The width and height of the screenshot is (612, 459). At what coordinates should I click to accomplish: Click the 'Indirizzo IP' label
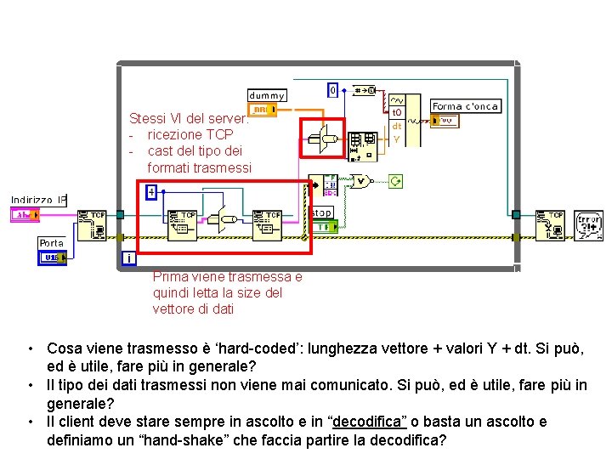point(38,201)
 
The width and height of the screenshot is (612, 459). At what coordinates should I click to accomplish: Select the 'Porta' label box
point(51,243)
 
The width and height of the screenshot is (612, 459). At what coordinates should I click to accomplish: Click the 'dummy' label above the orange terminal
point(267,95)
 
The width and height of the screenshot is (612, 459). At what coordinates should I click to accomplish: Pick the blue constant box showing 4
point(151,191)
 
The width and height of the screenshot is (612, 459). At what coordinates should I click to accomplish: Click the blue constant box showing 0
point(334,89)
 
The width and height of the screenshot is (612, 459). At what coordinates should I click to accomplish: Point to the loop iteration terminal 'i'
point(127,258)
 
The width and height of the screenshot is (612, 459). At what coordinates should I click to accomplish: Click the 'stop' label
point(321,212)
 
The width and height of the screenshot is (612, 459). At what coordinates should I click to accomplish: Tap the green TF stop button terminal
point(326,226)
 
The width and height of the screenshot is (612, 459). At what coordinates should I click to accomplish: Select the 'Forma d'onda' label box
point(465,106)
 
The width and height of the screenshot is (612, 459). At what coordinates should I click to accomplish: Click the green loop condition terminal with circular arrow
point(395,181)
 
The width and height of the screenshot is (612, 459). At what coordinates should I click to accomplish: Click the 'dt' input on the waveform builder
point(397,126)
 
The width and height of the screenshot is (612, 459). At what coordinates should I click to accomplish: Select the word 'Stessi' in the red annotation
point(147,119)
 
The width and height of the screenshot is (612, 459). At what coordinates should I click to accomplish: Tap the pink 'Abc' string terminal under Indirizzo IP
point(25,216)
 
